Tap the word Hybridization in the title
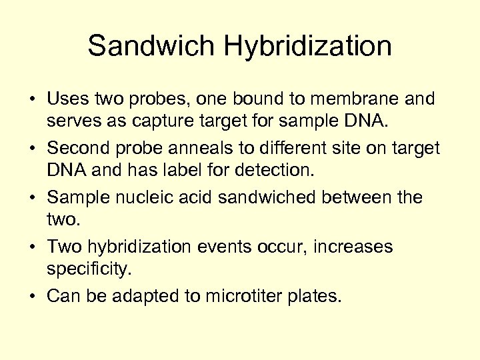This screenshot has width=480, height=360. [308, 47]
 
